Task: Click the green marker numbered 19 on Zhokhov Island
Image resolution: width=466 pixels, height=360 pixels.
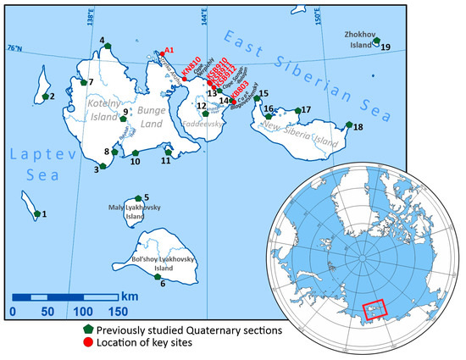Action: tap(376, 41)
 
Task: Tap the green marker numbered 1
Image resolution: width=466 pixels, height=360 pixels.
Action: tap(36, 213)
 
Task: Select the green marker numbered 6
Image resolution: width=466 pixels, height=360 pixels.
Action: tap(157, 275)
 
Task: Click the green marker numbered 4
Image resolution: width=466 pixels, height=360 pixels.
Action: tap(108, 47)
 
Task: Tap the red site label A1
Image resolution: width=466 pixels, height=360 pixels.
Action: tap(169, 50)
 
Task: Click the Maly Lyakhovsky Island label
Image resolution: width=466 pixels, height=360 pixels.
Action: tap(129, 210)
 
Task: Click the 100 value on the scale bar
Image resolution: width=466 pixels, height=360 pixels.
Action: tap(82, 311)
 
